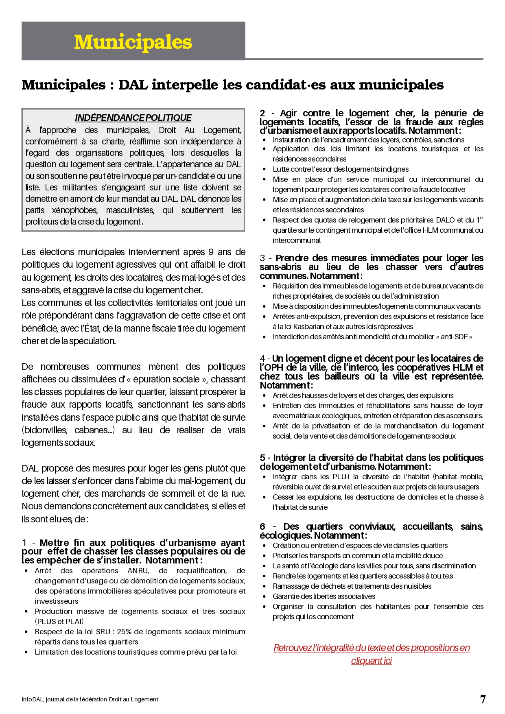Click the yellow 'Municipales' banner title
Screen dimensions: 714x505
click(x=133, y=42)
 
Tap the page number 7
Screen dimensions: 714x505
click(x=483, y=699)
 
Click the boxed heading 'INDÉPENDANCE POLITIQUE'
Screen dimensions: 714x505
click(x=133, y=118)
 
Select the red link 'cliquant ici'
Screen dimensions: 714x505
click(x=371, y=660)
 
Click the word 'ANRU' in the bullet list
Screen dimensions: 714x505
click(x=138, y=570)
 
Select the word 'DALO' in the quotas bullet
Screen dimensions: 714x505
click(x=445, y=220)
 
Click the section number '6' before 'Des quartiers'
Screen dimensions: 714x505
click(x=262, y=526)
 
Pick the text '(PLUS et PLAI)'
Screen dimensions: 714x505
click(x=59, y=621)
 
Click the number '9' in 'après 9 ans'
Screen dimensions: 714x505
click(x=211, y=252)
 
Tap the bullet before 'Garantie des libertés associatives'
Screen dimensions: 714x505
click(x=265, y=596)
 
